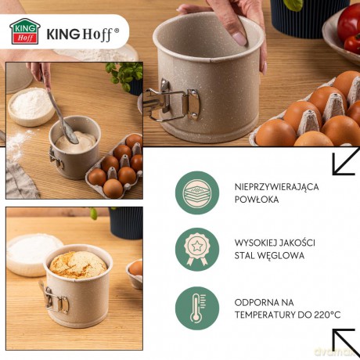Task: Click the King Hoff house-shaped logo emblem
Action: (x=25, y=31)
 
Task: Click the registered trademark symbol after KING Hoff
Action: (x=117, y=31)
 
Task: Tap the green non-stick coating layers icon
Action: (x=197, y=193)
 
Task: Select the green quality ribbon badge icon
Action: (x=197, y=250)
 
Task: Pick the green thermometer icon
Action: (x=197, y=308)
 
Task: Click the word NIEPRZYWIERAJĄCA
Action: (x=276, y=187)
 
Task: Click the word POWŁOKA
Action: (x=257, y=200)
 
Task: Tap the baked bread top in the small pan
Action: (x=78, y=265)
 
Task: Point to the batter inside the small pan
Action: (x=76, y=142)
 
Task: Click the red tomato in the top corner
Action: (x=349, y=22)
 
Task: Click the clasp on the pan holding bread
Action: (x=56, y=301)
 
